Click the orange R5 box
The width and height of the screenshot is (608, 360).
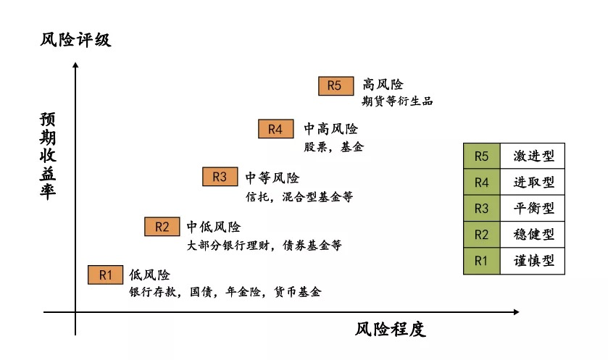point(336,85)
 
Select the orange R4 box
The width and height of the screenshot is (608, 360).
point(275,129)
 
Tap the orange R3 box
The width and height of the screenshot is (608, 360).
point(220,177)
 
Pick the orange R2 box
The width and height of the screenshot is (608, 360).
point(162,227)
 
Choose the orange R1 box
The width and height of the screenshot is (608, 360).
point(106,275)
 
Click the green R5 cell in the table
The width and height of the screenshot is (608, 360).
point(482,156)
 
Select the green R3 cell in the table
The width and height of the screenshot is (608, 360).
point(482,209)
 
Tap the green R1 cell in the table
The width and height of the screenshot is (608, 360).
point(482,261)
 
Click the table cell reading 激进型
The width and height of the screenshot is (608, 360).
point(533,156)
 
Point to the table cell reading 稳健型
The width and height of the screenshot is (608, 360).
point(533,235)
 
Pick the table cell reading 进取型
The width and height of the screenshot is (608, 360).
point(533,182)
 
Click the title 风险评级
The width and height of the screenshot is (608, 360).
point(75,40)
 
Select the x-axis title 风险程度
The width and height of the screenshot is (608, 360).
point(391,330)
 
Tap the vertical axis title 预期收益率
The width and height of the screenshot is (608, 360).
point(48,156)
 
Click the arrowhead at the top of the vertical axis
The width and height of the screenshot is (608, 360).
point(75,64)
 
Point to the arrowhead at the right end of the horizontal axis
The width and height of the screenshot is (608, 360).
point(517,312)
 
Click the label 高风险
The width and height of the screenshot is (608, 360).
point(383,85)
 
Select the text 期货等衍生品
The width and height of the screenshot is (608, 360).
point(397,101)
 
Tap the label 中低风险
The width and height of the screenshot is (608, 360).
point(214,227)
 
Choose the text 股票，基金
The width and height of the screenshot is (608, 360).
point(334,147)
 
